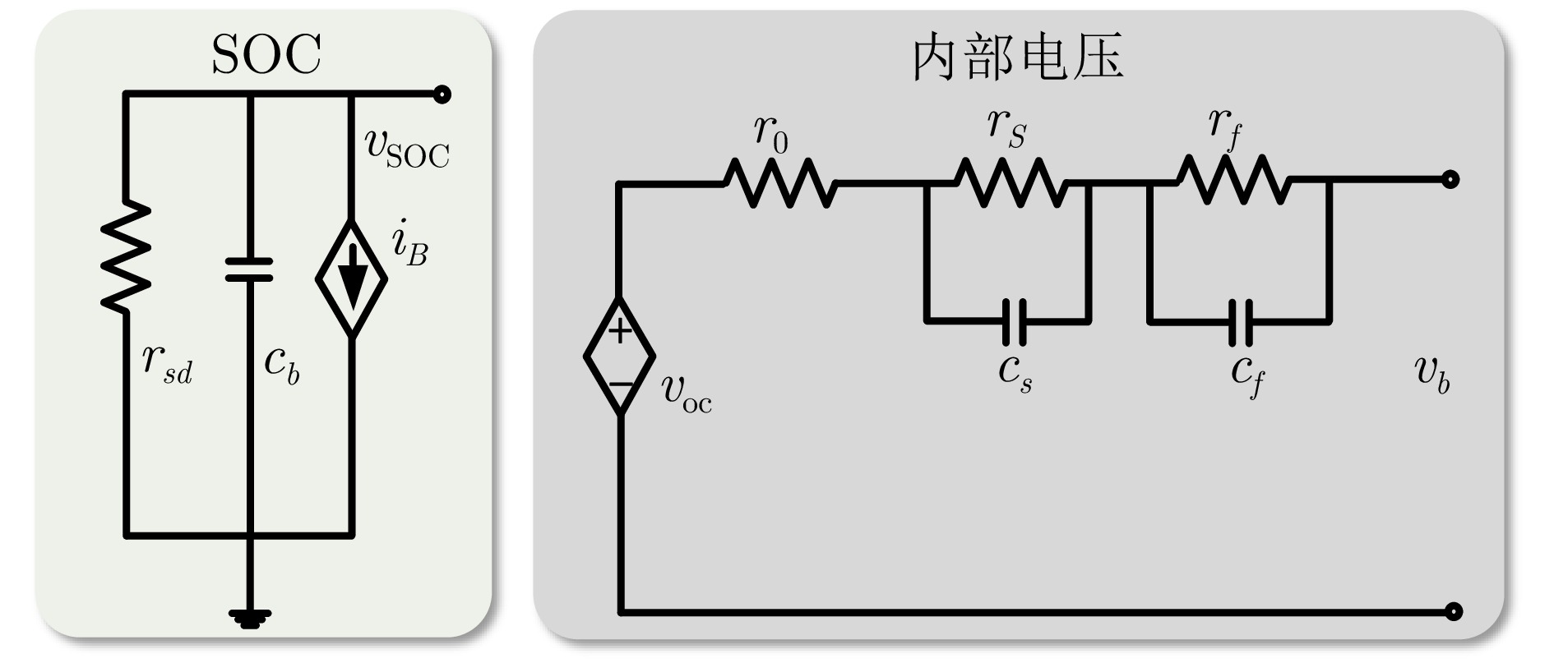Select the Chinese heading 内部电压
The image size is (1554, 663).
pos(1018,58)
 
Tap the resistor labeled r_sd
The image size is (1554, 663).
pos(126,256)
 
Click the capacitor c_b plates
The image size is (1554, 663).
pos(249,269)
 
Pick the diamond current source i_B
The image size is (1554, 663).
pos(352,278)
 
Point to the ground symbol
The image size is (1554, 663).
pos(249,616)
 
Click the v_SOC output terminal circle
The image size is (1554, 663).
pos(442,94)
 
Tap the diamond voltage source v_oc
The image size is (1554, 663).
pos(620,357)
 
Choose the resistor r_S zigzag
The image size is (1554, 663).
pos(1011,182)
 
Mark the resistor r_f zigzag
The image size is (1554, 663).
pos(1233,180)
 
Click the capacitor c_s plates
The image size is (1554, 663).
pos(1014,321)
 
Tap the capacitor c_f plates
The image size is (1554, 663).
pos(1241,321)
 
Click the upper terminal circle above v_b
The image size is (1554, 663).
pos(1451,179)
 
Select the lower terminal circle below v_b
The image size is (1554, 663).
pos(1454,611)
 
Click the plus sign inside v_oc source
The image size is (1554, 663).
pos(620,331)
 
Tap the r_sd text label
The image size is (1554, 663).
pos(167,363)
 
